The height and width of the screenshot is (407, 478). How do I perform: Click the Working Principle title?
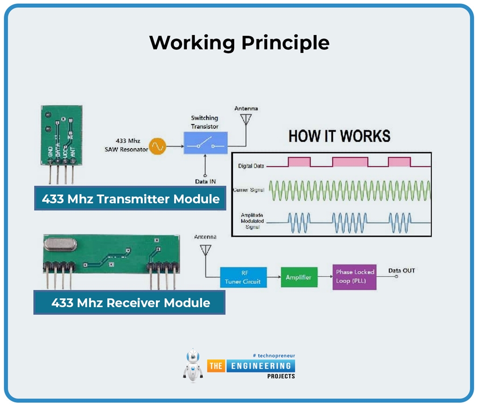tap(239, 43)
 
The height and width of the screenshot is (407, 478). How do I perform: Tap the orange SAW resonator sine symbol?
tap(157, 147)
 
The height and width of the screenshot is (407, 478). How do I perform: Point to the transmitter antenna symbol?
tap(246, 121)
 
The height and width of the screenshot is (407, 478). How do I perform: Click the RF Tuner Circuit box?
tap(243, 278)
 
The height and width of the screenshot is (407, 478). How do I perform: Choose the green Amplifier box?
tap(299, 277)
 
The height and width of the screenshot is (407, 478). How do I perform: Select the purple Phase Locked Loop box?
tap(354, 277)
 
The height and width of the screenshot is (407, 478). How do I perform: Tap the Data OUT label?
tap(401, 271)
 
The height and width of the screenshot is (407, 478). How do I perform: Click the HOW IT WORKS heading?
tap(339, 136)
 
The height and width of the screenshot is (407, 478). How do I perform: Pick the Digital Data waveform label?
tap(251, 166)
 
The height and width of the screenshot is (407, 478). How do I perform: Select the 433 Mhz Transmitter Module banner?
tap(130, 199)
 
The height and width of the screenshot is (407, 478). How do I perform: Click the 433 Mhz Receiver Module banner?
tap(130, 302)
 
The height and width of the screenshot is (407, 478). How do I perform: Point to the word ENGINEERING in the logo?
tap(261, 366)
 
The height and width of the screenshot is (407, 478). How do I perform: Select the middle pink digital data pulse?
tap(350, 162)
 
